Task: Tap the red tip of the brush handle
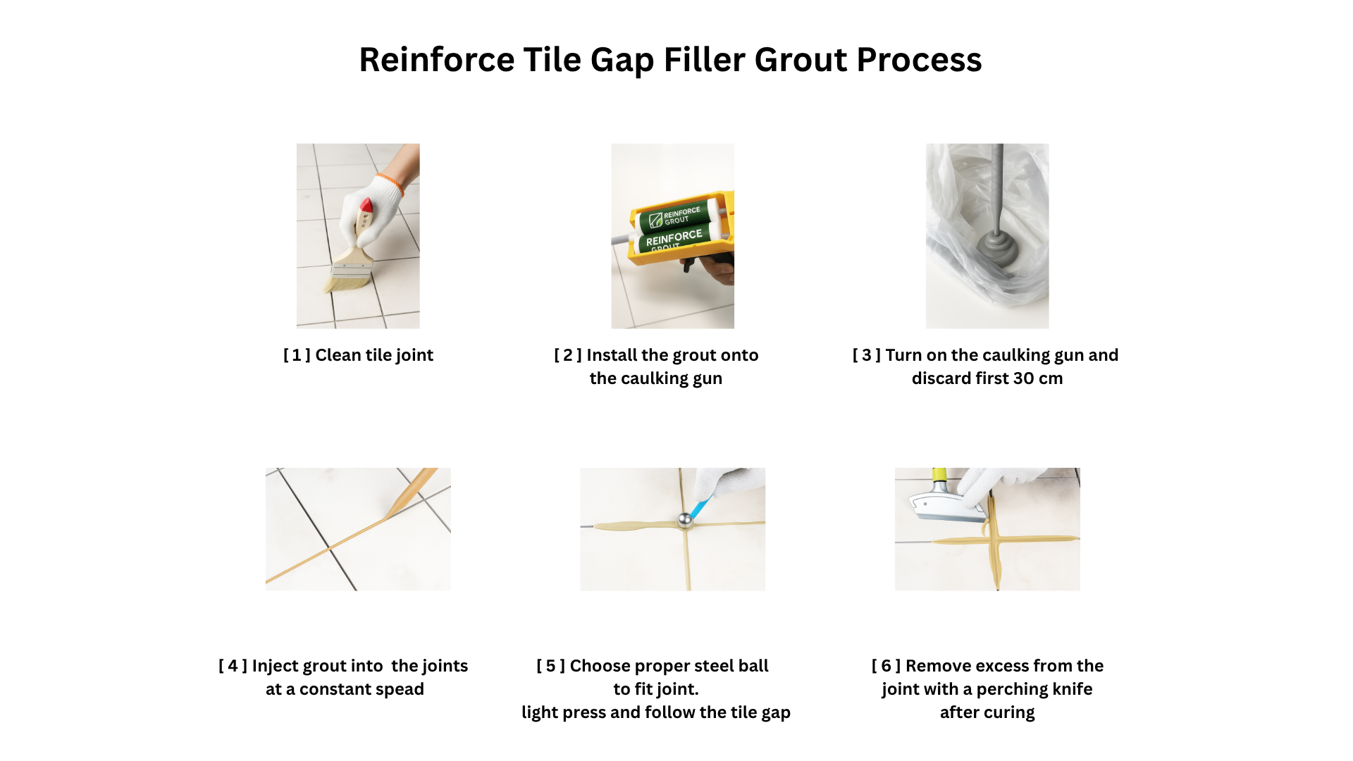pos(366,206)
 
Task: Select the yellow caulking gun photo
pos(672,236)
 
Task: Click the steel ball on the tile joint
pos(684,521)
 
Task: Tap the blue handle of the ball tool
pos(701,508)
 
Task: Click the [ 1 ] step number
pos(296,355)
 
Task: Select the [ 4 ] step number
pos(233,666)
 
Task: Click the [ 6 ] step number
pos(886,666)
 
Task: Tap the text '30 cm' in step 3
pos(1037,378)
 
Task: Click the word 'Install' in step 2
pos(612,355)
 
